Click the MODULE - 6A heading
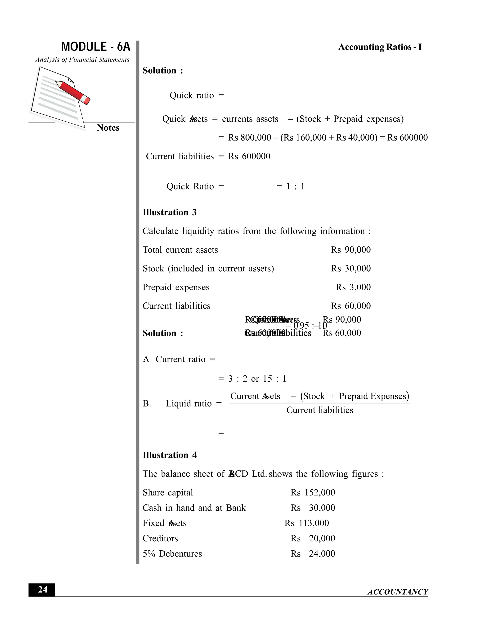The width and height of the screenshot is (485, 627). click(96, 47)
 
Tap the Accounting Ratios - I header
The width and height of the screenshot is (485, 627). click(380, 47)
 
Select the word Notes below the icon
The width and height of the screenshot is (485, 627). click(108, 128)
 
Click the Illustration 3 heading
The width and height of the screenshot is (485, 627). click(170, 212)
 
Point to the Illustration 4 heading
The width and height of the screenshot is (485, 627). click(170, 455)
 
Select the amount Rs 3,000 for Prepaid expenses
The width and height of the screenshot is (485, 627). click(353, 287)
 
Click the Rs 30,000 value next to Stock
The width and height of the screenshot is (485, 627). click(350, 269)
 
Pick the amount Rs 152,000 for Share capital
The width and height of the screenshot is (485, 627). click(313, 492)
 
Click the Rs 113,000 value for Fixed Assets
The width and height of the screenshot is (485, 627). click(307, 523)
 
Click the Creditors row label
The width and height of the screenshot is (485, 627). click(160, 538)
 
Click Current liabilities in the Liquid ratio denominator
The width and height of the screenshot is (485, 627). click(319, 410)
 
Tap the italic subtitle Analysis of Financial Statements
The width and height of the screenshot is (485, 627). click(82, 60)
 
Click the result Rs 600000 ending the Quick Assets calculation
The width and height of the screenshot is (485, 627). click(407, 137)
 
